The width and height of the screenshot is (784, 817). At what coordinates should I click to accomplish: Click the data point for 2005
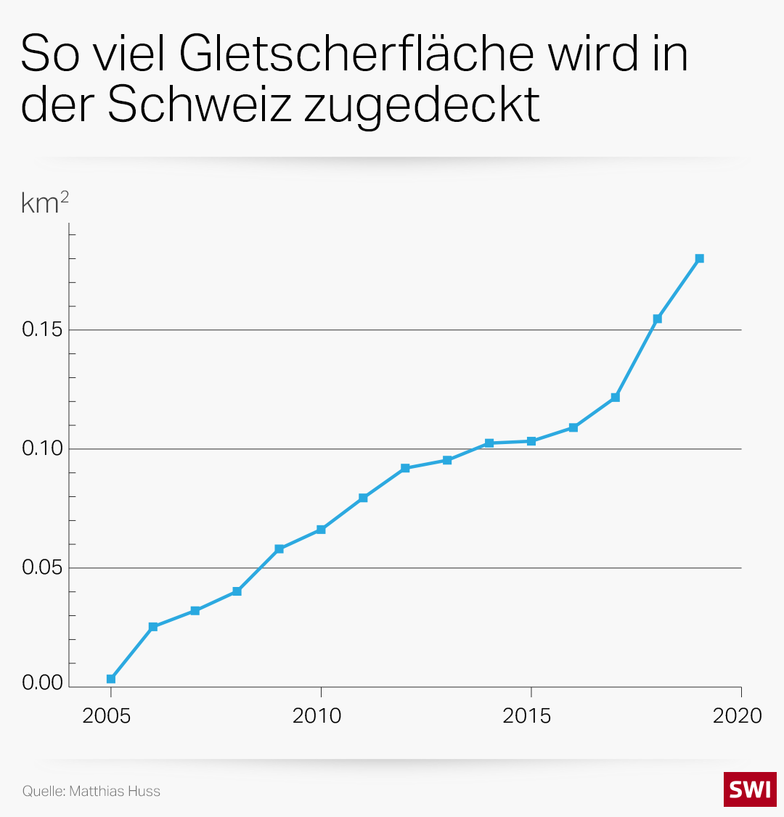click(x=111, y=679)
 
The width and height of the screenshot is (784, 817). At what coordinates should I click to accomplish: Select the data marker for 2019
click(x=700, y=258)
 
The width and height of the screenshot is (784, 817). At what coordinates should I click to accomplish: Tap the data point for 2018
click(x=658, y=319)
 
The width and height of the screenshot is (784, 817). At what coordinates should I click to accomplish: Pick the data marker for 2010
click(x=321, y=530)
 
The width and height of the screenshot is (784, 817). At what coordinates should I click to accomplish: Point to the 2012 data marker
click(x=405, y=468)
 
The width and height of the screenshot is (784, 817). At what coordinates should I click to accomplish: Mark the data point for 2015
click(x=531, y=441)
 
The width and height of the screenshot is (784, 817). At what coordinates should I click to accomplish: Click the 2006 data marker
click(x=153, y=626)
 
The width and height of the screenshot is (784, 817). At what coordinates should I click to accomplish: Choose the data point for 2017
click(x=616, y=398)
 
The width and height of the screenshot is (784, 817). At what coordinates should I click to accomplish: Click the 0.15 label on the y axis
click(x=42, y=329)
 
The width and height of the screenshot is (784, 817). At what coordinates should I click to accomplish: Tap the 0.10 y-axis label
click(x=42, y=448)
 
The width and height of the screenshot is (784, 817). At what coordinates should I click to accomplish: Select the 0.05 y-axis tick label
click(x=42, y=567)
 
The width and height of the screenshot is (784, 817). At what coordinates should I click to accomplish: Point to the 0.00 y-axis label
click(x=42, y=683)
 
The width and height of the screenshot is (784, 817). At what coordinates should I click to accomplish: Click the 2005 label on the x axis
click(x=107, y=716)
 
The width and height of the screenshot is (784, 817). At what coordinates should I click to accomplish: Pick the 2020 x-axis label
click(x=738, y=716)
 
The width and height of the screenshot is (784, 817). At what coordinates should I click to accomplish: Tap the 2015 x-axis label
click(x=527, y=716)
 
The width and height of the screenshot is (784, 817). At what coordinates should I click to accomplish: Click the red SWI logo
click(x=750, y=789)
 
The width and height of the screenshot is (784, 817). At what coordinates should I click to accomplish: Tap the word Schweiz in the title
click(x=200, y=105)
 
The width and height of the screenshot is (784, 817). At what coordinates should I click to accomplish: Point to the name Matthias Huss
click(x=115, y=791)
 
